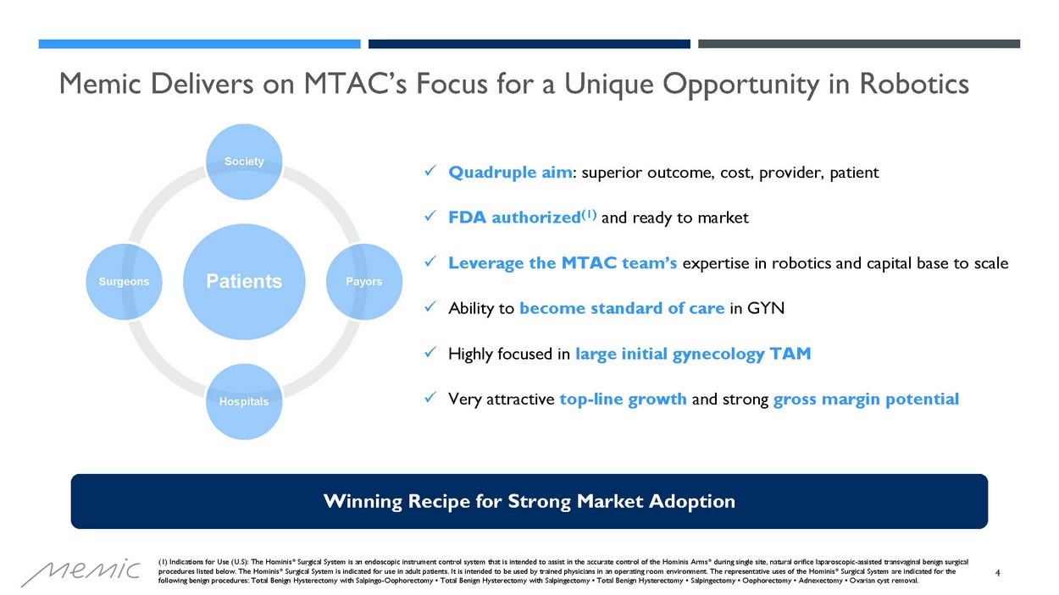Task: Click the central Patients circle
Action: click(244, 282)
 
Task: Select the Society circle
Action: click(244, 162)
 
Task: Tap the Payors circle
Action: click(364, 282)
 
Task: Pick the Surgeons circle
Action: click(124, 282)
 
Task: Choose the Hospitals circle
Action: click(244, 401)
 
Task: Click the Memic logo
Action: click(80, 572)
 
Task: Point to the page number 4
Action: click(997, 573)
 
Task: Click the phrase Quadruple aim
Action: click(510, 173)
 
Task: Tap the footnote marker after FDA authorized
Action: click(589, 215)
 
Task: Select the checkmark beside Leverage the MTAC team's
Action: click(430, 262)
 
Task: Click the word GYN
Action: click(766, 308)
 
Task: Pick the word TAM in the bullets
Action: click(790, 354)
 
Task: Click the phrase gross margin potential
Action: click(866, 399)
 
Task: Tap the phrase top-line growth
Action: click(623, 399)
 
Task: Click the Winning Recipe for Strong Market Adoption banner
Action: click(529, 501)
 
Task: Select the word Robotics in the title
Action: click(914, 84)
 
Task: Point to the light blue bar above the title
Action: click(199, 44)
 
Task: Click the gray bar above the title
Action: click(859, 44)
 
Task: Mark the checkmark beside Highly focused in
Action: click(430, 352)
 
